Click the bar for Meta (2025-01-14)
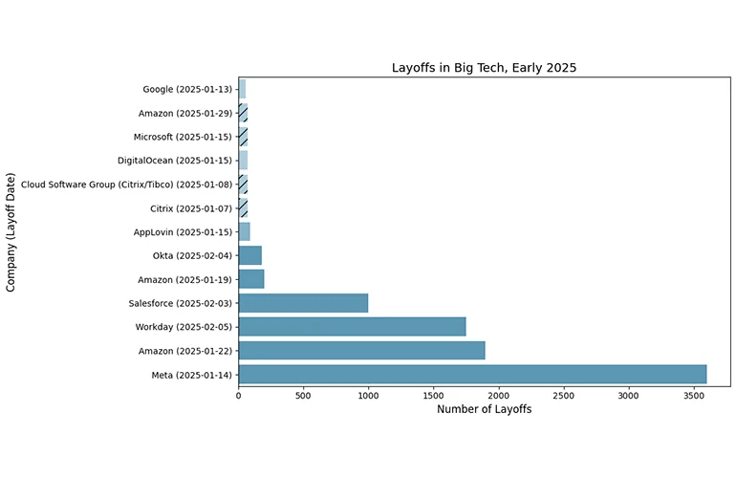(472, 374)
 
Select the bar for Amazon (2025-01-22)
(361, 350)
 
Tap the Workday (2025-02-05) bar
(352, 327)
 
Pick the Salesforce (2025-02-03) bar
(303, 303)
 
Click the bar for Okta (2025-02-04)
(249, 255)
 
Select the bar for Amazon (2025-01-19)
(250, 279)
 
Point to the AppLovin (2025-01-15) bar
(244, 231)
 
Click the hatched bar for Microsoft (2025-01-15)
(243, 137)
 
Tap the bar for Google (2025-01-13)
(242, 89)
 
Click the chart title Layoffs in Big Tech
(484, 68)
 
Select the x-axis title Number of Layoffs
(484, 409)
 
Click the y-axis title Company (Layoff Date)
(11, 232)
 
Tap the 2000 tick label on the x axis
(499, 393)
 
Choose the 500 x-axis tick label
(303, 393)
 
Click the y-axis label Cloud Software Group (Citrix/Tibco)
(126, 185)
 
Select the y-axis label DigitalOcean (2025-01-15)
(175, 161)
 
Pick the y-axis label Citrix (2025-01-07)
(191, 208)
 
